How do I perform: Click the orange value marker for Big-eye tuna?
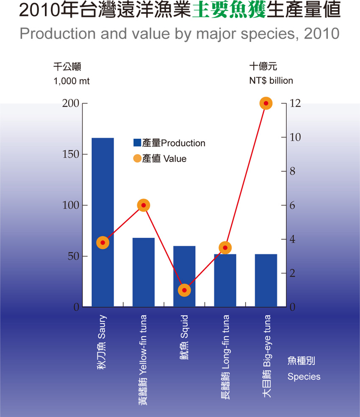tap(266, 103)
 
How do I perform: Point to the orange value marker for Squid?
tap(184, 290)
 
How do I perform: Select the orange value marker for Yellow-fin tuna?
tap(144, 205)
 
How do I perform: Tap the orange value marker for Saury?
tap(103, 243)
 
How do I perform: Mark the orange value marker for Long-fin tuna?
tap(225, 248)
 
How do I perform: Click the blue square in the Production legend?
tap(137, 143)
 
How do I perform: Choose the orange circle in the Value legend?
tap(137, 159)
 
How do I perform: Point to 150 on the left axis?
tap(71, 155)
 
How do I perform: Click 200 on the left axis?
tap(71, 104)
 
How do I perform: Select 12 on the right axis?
tap(295, 104)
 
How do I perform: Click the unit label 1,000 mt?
tap(71, 81)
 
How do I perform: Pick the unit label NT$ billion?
tap(271, 81)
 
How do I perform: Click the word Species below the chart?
tap(304, 377)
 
